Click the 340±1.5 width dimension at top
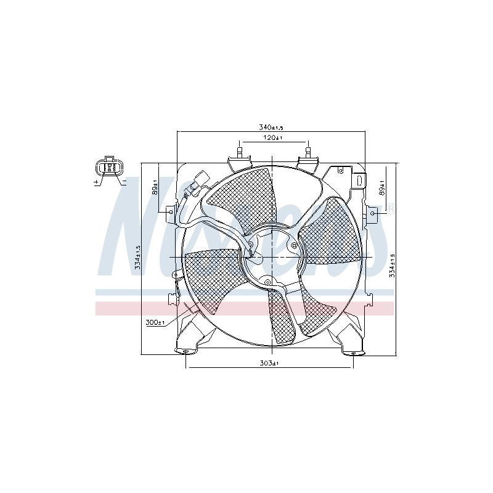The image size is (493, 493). [271, 127]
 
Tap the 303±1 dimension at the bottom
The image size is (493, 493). [270, 364]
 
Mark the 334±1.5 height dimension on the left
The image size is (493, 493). [139, 257]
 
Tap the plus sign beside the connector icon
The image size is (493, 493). [96, 183]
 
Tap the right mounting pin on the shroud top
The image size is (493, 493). [308, 150]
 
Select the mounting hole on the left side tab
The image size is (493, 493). [170, 212]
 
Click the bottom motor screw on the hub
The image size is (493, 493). [267, 282]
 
